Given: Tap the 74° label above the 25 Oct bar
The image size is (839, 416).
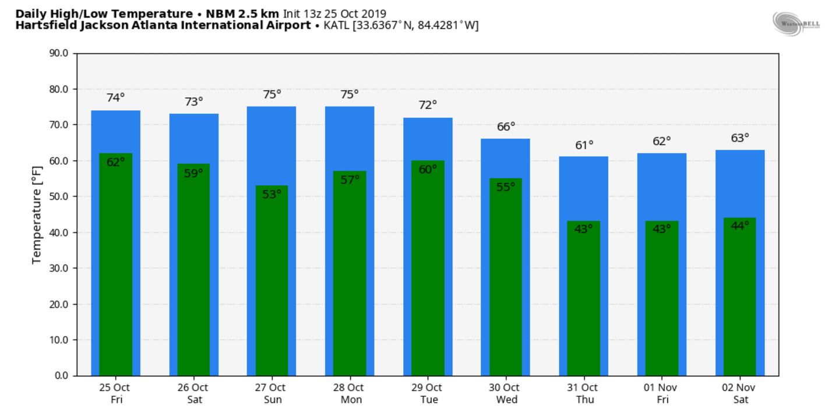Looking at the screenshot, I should coord(115,98).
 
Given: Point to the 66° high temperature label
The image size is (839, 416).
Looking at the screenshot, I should coord(506,126).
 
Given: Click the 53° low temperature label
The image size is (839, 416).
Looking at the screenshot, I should coord(272,195).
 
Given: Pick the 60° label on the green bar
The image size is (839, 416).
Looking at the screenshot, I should coord(428,170).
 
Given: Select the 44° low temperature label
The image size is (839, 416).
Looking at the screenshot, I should coord(739,226).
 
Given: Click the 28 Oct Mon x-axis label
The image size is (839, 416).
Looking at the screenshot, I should coord(350,393).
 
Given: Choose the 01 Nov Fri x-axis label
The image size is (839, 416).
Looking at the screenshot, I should coord(662,393).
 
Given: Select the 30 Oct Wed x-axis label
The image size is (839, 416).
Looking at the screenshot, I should coord(505,393).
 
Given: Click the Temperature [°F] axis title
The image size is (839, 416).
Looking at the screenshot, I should coord(37,214).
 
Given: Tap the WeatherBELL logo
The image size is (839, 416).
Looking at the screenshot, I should coord(796,23).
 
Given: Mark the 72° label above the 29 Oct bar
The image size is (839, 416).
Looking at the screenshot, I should coord(428,105).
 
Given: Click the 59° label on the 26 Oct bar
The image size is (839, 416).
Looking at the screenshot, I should coord(193,173).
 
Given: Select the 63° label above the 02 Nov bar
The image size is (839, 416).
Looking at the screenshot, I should coord(740,138).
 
